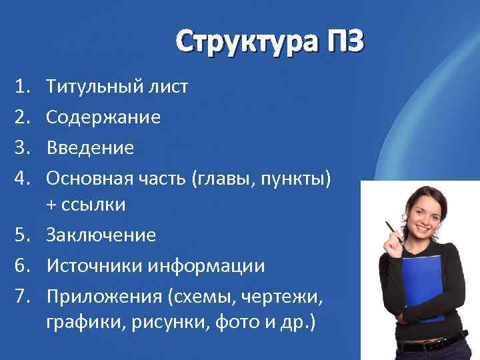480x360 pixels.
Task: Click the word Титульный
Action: pos(96,87)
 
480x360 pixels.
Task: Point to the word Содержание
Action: pos(103,117)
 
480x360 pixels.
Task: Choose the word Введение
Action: pos(89,147)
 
